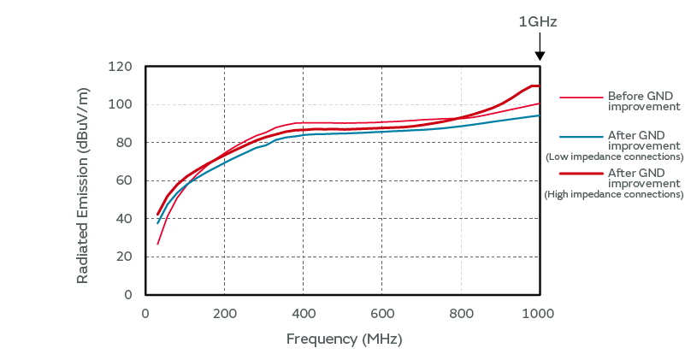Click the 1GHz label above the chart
(x=538, y=22)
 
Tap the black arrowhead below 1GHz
(x=539, y=56)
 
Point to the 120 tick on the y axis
(x=121, y=67)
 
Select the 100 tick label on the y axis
(x=121, y=104)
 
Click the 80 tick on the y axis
(x=124, y=142)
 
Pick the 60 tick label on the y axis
(x=124, y=180)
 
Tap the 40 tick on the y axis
(x=124, y=218)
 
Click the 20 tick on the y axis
(x=124, y=257)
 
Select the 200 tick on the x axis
(x=224, y=313)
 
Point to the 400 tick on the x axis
(x=303, y=313)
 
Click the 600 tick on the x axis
(x=381, y=313)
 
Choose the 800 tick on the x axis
(x=460, y=313)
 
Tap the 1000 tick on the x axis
(x=539, y=313)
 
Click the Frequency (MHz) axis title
(x=344, y=339)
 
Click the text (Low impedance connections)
(x=614, y=156)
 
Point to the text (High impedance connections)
(x=614, y=194)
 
